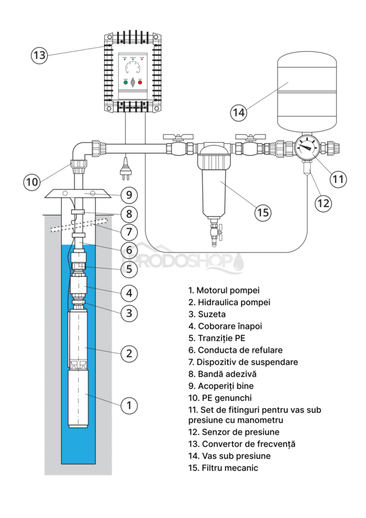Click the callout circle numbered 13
pyautogui.click(x=39, y=55)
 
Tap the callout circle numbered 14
pyautogui.click(x=239, y=113)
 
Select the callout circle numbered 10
pyautogui.click(x=32, y=181)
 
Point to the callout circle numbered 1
pyautogui.click(x=128, y=405)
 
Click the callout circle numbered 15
pyautogui.click(x=262, y=212)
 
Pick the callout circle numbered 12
pyautogui.click(x=325, y=202)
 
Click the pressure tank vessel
pyautogui.click(x=307, y=92)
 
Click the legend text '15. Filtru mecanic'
pyautogui.click(x=223, y=468)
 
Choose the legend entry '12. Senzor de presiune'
pyautogui.click(x=234, y=432)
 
